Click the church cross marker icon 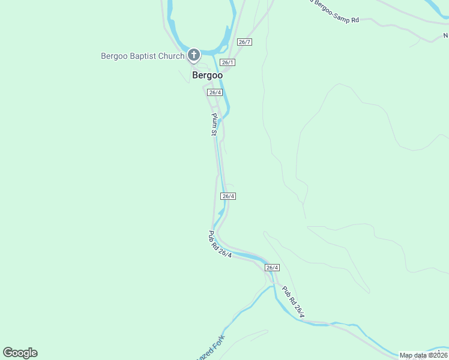(x=194, y=56)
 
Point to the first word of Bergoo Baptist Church (x=113, y=56)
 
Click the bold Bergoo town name (x=207, y=75)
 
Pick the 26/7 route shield (x=244, y=42)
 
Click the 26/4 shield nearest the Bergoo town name (x=215, y=92)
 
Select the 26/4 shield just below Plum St (x=228, y=196)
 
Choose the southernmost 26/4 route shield (x=272, y=268)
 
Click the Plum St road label (x=213, y=124)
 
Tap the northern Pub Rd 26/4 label (x=220, y=245)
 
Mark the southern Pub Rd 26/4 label (x=294, y=302)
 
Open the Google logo (x=20, y=353)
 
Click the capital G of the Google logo (x=8, y=352)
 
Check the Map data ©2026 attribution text (x=423, y=355)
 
